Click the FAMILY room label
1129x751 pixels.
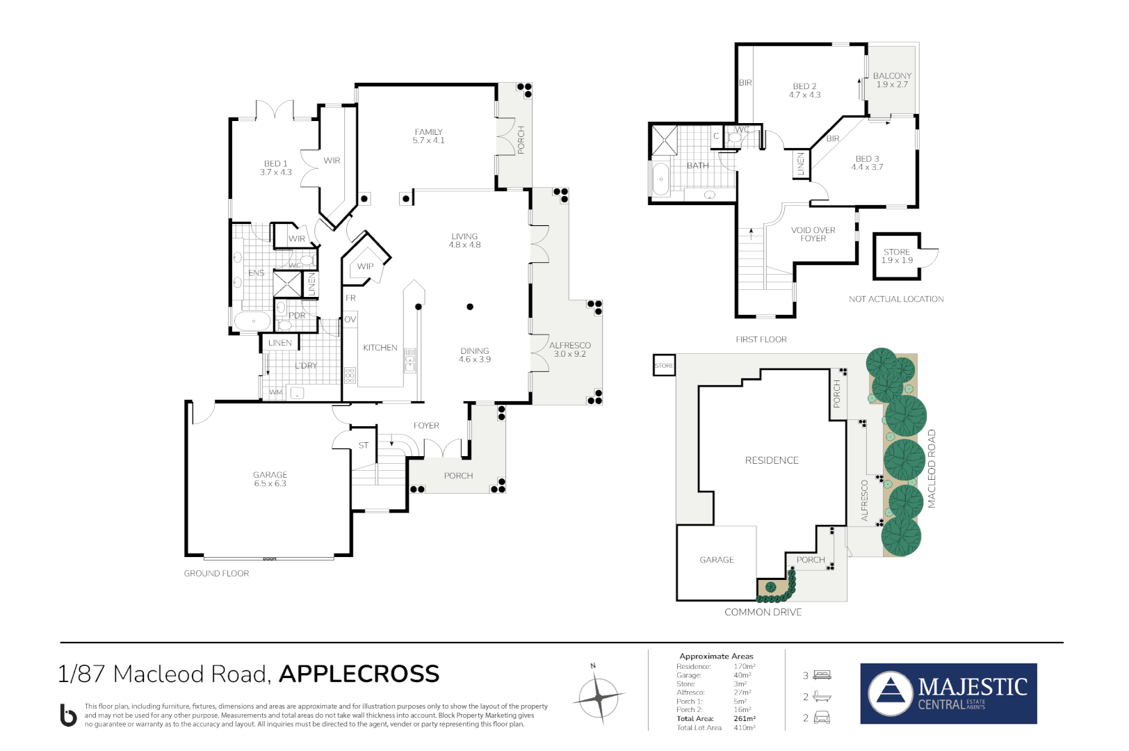point(428,132)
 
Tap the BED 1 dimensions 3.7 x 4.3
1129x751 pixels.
point(276,172)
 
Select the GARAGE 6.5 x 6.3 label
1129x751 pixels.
point(270,479)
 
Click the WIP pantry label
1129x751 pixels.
point(365,266)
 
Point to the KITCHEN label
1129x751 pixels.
point(380,348)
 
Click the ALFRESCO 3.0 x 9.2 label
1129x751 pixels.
point(570,350)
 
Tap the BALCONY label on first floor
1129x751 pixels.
point(892,76)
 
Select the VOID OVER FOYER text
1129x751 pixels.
point(813,234)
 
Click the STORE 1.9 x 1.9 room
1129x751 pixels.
point(897,256)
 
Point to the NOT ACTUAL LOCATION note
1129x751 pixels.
point(896,299)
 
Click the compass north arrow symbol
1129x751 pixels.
point(599,695)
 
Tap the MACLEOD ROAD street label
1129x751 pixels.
point(932,469)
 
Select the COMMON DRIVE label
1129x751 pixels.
point(763,612)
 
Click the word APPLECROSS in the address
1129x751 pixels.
point(359,674)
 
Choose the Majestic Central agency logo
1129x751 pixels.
point(948,693)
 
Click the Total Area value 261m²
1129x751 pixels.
point(745,718)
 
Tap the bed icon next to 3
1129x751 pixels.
point(822,675)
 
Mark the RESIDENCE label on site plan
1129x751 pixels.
point(772,460)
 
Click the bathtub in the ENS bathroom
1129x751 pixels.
point(252,321)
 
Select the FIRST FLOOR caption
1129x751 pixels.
point(761,339)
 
